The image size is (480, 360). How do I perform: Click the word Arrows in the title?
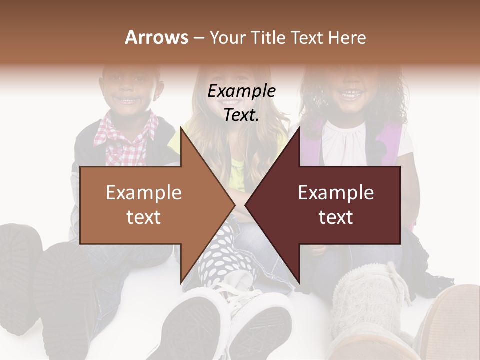[x=156, y=37]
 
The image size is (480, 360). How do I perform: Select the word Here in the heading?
[x=347, y=37]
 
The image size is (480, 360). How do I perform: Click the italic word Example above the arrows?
[x=242, y=91]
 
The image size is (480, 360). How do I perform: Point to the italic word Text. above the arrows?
[x=242, y=115]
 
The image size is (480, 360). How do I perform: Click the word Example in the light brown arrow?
[x=144, y=193]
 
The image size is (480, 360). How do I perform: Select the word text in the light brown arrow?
[x=144, y=217]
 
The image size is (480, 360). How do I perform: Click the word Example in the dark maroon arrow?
[x=336, y=193]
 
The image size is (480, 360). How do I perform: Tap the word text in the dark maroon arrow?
[x=336, y=217]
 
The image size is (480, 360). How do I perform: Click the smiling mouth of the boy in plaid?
[x=129, y=100]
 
